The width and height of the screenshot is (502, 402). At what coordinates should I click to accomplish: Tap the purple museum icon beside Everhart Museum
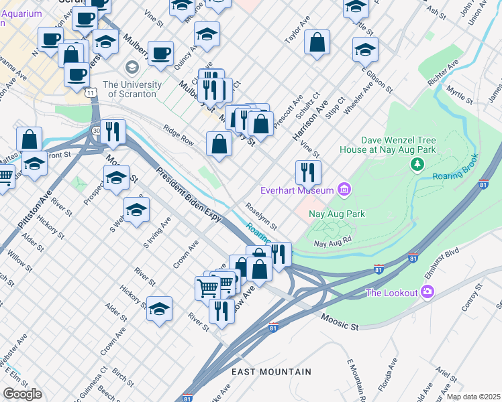click(x=344, y=191)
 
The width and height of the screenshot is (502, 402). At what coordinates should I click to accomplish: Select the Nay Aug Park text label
click(x=336, y=214)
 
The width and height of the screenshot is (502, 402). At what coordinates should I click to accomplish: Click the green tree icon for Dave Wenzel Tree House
click(x=417, y=164)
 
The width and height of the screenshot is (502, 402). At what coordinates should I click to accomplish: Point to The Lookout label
click(x=391, y=292)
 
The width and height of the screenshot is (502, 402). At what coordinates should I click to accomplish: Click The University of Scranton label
click(x=132, y=89)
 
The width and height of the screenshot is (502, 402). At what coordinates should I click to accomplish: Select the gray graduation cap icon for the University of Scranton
click(x=132, y=67)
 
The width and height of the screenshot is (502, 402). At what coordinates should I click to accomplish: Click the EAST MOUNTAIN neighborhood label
click(x=271, y=371)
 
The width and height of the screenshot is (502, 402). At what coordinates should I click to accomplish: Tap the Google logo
click(x=21, y=394)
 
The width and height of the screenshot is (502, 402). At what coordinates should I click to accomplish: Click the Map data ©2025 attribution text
click(x=473, y=397)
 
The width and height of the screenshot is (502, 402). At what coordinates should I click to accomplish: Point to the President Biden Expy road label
click(x=189, y=195)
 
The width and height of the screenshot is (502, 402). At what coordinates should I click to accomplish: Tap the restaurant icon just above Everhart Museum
click(x=308, y=172)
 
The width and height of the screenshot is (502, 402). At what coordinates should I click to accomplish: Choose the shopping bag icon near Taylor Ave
click(x=317, y=44)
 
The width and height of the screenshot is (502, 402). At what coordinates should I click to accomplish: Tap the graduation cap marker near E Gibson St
click(x=364, y=49)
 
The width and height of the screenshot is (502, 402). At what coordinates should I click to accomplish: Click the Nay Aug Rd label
click(x=333, y=243)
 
